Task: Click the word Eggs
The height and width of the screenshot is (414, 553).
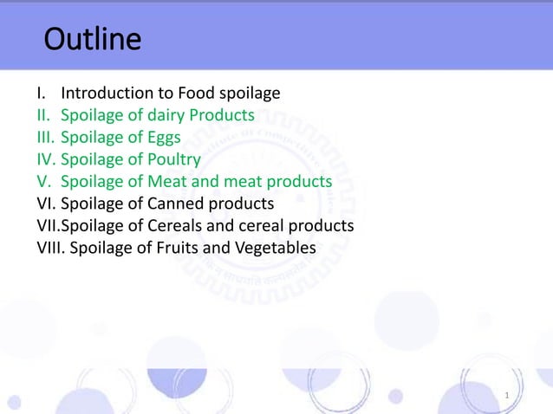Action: [162, 138]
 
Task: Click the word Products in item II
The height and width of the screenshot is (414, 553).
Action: [224, 115]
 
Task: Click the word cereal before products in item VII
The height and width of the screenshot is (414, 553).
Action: [255, 227]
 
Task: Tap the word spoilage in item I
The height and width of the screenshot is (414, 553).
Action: [249, 93]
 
